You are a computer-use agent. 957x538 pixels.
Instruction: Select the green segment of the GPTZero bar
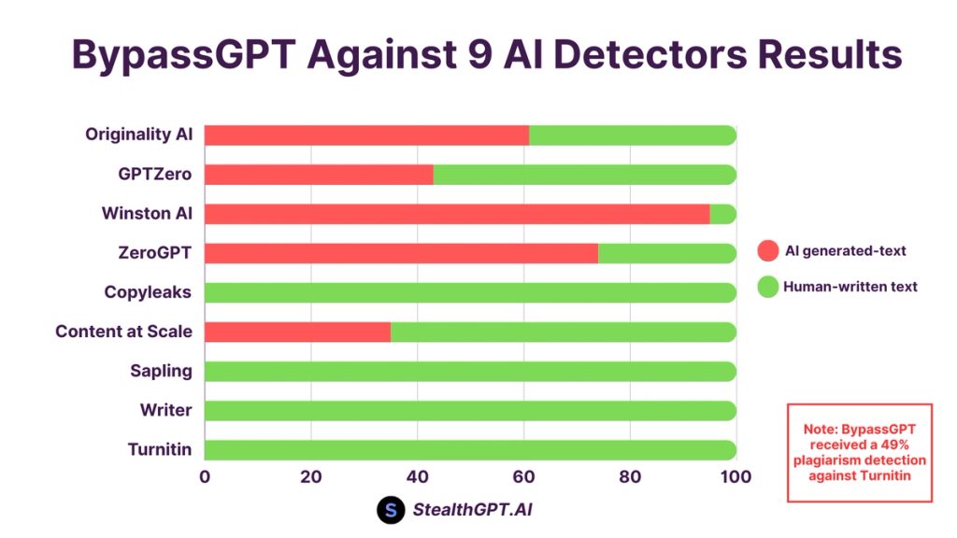(584, 175)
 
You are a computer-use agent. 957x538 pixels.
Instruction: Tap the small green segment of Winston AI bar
(723, 214)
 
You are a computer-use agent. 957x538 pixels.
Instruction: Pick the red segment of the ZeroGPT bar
(401, 253)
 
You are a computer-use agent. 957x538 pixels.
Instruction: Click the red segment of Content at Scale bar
(297, 332)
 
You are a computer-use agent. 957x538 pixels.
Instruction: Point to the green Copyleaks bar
(470, 292)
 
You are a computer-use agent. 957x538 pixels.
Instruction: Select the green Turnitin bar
(470, 449)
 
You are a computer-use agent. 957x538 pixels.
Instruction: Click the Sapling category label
(161, 371)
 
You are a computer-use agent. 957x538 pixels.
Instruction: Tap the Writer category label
(165, 410)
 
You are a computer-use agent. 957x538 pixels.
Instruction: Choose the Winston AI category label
(147, 214)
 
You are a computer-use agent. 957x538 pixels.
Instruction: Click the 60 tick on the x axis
(523, 477)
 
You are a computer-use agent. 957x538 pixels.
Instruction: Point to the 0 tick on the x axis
(205, 477)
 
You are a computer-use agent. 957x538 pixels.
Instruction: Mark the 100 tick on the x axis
(736, 477)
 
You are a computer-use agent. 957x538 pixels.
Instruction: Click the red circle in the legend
(767, 250)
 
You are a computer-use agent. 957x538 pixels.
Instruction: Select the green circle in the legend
(767, 287)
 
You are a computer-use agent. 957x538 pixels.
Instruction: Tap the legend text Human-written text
(850, 287)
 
